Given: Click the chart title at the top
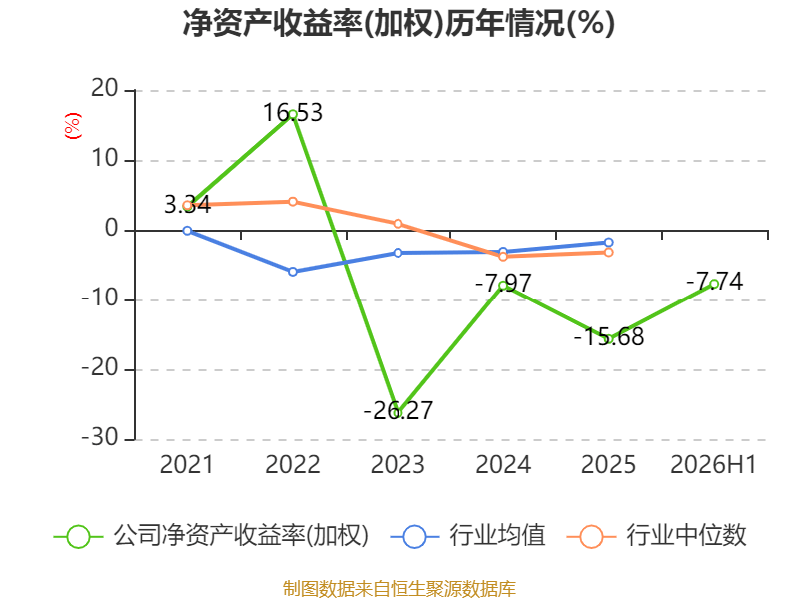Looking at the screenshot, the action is click(399, 24).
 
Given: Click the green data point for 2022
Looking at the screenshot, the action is click(293, 115).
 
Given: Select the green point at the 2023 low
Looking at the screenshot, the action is click(398, 413).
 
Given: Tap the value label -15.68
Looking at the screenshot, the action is click(609, 337).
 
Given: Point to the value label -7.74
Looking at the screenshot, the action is click(714, 282).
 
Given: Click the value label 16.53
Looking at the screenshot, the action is click(293, 113).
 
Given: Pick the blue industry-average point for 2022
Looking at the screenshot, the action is click(293, 272).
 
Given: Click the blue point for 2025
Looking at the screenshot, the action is click(609, 243).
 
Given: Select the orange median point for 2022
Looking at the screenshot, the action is click(293, 202).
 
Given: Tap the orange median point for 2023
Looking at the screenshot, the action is click(398, 224).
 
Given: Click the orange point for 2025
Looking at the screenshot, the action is click(609, 253).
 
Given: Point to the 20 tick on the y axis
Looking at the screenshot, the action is click(105, 89).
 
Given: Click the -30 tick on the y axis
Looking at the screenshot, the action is click(100, 438).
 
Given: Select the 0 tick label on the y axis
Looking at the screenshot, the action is click(112, 229).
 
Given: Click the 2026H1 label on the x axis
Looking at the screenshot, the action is click(713, 465).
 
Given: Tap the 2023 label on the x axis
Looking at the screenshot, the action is click(398, 465).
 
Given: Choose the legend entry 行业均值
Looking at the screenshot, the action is click(467, 536).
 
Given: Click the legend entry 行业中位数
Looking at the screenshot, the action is click(657, 536).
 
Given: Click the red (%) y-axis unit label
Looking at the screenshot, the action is click(72, 126).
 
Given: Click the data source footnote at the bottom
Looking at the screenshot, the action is click(399, 589).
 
